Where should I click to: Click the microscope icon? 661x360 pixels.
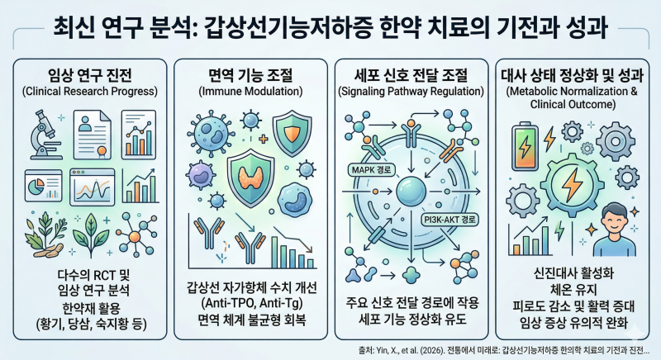(x=45, y=135)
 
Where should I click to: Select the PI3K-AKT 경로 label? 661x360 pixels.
(x=449, y=220)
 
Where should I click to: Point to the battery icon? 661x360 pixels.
(x=525, y=145)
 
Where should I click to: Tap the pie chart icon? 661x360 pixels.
(x=44, y=186)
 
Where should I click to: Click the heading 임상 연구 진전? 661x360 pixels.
(x=90, y=75)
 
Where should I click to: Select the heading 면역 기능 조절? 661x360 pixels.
(x=250, y=75)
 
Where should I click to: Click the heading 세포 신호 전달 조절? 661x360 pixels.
(x=411, y=75)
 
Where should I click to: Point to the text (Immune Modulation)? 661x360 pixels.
(x=250, y=92)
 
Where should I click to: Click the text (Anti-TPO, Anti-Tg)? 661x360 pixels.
(x=252, y=304)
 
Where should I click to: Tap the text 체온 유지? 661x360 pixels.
(x=573, y=290)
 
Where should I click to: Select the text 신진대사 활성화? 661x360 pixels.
(x=573, y=273)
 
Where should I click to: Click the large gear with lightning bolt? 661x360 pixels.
(x=573, y=185)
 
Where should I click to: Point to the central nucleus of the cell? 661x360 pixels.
(x=411, y=192)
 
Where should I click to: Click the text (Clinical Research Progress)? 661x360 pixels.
(x=90, y=92)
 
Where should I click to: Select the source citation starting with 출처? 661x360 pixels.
(x=504, y=350)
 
